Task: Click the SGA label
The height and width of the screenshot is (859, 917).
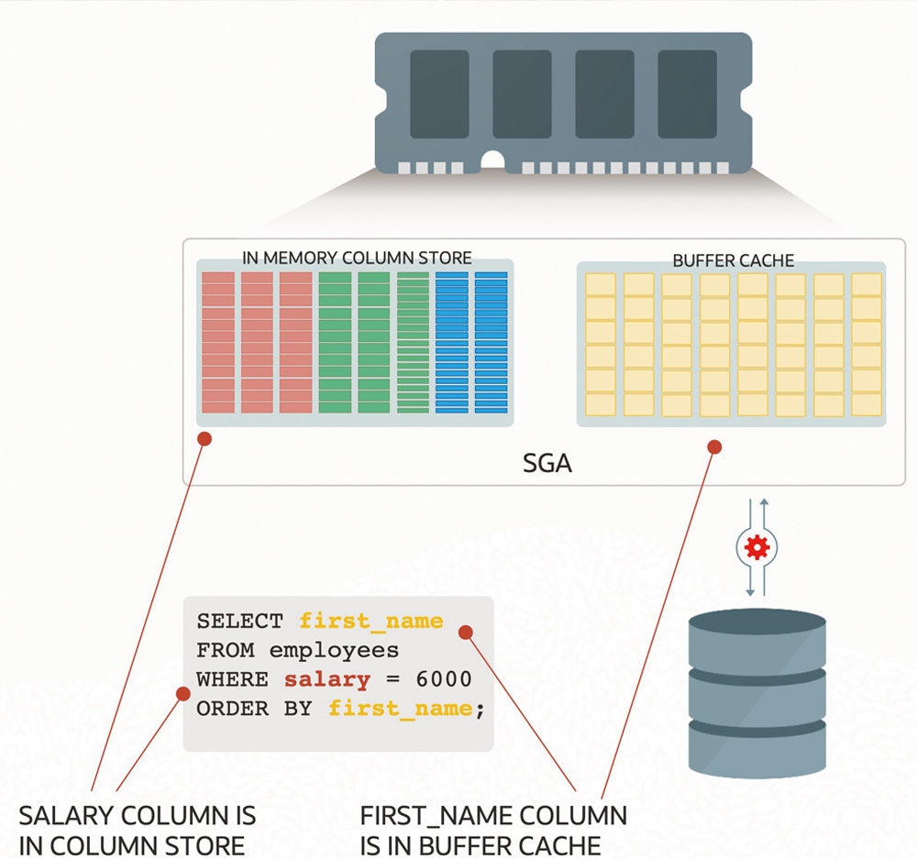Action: click(x=547, y=463)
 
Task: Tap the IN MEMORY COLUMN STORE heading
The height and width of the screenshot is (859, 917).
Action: click(x=357, y=258)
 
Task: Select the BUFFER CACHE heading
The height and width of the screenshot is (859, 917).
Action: click(x=733, y=260)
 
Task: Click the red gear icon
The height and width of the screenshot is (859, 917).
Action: click(x=757, y=547)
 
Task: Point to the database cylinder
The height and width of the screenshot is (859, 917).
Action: click(x=757, y=693)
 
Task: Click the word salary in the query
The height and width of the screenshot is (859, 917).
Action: click(x=327, y=679)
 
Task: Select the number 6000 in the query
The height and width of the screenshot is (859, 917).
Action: click(x=444, y=679)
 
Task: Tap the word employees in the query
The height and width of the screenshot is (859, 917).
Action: click(x=334, y=651)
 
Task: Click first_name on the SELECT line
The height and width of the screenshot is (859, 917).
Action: click(x=371, y=621)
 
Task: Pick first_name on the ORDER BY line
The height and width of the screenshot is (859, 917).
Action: click(x=401, y=709)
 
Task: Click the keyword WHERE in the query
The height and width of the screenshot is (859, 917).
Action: click(x=232, y=679)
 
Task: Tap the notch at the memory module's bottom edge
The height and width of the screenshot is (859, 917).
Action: click(x=492, y=162)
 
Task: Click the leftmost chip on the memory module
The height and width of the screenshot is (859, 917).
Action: click(x=439, y=94)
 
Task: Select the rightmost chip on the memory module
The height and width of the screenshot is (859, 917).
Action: click(x=687, y=94)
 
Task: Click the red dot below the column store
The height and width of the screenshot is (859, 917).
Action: click(x=204, y=438)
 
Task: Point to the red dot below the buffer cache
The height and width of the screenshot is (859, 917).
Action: click(x=714, y=447)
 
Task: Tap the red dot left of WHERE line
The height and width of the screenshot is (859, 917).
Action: click(x=183, y=693)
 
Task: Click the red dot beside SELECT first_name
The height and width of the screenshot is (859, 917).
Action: click(x=466, y=633)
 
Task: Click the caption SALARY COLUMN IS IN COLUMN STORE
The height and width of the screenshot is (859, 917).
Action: click(x=138, y=831)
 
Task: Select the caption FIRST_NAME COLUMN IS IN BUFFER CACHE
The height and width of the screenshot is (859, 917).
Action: click(x=493, y=831)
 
